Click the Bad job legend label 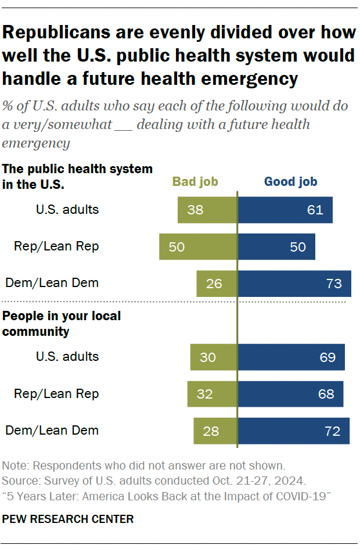195,182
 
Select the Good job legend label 290,182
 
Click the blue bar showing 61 285,210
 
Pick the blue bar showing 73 294,284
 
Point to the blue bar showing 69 291,357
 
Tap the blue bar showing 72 293,431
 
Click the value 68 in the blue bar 326,394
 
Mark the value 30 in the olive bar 208,357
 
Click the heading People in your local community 62,324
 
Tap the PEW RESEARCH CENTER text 68,519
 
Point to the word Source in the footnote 19,481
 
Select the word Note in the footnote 15,465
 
